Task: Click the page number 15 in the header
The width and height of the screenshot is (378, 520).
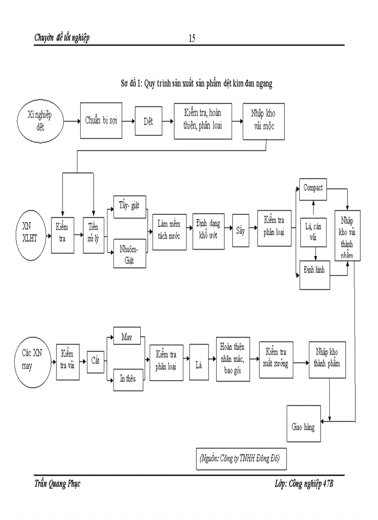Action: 192,38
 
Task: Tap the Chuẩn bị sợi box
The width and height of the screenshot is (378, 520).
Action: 101,121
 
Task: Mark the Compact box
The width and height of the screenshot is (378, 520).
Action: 313,188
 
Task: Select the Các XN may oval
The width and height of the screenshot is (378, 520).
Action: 32,359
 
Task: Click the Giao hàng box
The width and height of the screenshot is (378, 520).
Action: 303,426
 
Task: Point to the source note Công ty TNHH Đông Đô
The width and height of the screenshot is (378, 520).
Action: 240,458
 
